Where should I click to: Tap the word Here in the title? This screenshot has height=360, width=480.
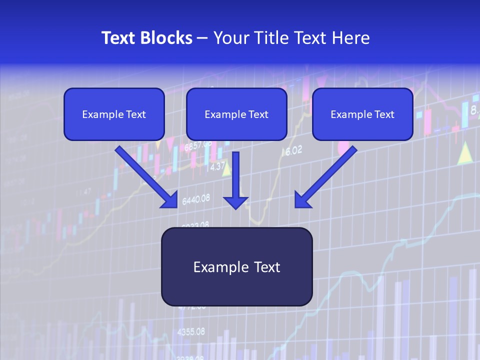pyautogui.click(x=352, y=38)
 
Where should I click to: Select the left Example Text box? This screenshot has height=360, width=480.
pyautogui.click(x=114, y=114)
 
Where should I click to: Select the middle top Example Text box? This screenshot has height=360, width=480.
pyautogui.click(x=236, y=114)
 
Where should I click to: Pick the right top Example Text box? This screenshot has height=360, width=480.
pyautogui.click(x=362, y=114)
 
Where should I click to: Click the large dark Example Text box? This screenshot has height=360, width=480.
pyautogui.click(x=236, y=266)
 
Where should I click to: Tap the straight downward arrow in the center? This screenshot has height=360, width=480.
pyautogui.click(x=235, y=180)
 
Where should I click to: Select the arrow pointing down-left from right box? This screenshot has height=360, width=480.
pyautogui.click(x=325, y=177)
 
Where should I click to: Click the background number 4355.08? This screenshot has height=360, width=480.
pyautogui.click(x=191, y=331)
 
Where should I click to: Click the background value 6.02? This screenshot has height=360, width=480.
pyautogui.click(x=294, y=150)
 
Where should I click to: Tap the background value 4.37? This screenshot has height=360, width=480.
pyautogui.click(x=217, y=167)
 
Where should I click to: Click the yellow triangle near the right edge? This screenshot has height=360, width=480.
pyautogui.click(x=465, y=153)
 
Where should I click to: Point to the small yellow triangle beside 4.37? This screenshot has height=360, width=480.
pyautogui.click(x=226, y=169)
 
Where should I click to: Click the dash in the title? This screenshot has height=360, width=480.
pyautogui.click(x=202, y=38)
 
